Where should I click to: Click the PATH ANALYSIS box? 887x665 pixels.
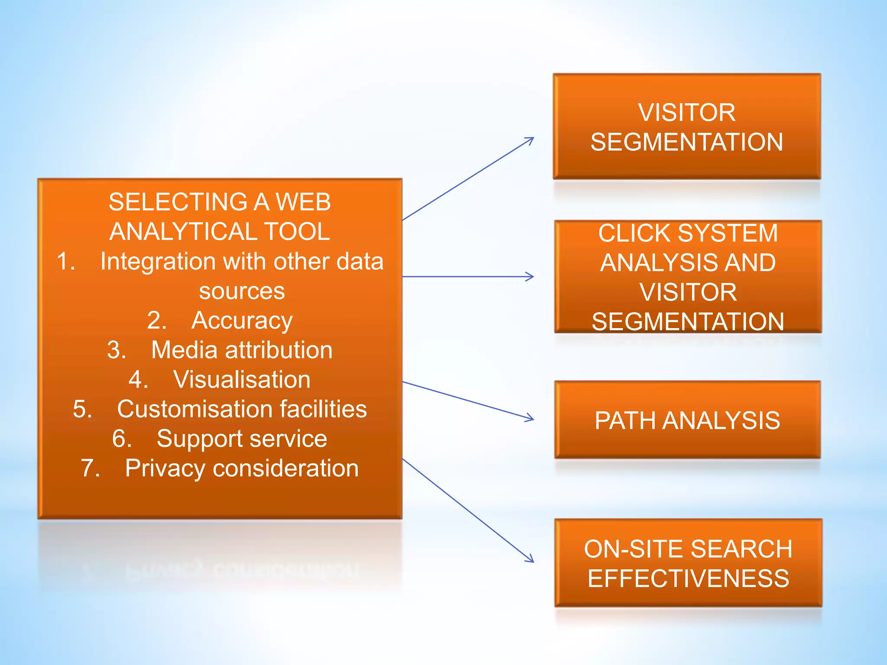pos(687,420)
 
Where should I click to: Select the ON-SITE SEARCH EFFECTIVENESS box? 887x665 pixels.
pos(688,563)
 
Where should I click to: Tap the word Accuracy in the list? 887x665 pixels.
pos(242,321)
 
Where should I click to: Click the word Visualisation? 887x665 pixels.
pos(242,380)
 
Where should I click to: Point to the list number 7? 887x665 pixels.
pos(89,468)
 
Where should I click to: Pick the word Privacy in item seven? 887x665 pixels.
pos(165,469)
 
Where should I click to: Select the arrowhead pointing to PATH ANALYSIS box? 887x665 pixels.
pos(531,419)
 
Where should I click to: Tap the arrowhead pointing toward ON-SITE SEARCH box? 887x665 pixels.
pos(531,559)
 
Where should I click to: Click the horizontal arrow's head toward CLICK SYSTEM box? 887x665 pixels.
pos(531,276)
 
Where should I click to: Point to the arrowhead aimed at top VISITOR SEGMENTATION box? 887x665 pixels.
pos(530,139)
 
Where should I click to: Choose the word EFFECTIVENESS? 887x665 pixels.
pos(688,578)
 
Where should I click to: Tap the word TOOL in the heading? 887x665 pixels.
pos(297,231)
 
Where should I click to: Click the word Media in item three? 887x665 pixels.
pos(184,350)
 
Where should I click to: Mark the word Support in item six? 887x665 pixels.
pos(199,439)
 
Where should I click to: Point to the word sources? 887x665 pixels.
pos(242,291)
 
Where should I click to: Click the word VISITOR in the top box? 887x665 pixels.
pos(686,113)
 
